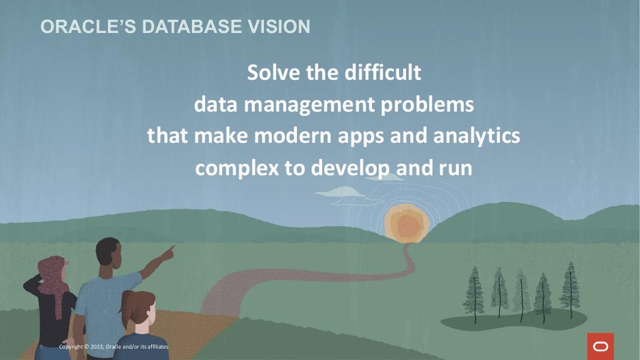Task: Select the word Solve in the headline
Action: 274,73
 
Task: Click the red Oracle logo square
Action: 600,346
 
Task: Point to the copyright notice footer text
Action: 113,347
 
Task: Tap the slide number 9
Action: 41,347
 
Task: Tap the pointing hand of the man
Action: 170,250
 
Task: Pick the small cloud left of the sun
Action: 338,191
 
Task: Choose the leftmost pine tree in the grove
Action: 474,290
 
